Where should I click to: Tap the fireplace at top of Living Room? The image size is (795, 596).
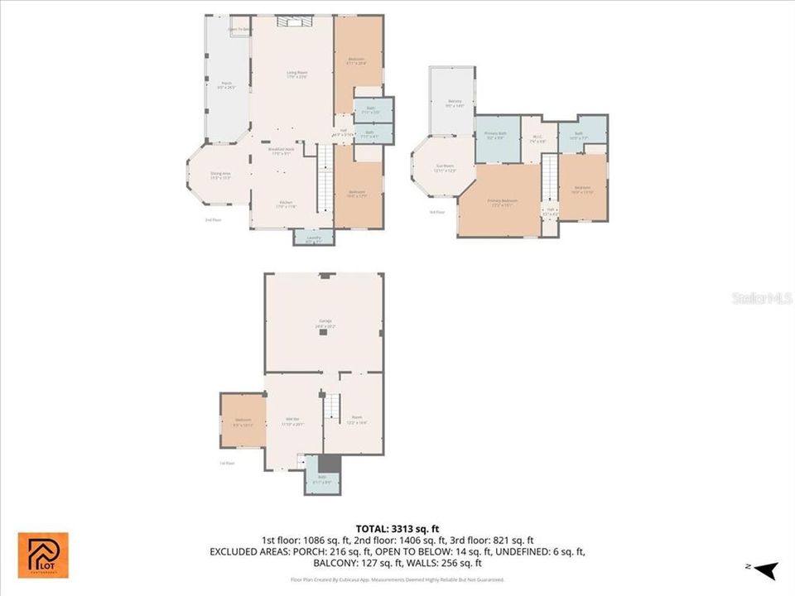(291, 22)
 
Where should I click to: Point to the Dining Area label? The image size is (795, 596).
(219, 175)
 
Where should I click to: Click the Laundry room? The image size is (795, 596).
(313, 238)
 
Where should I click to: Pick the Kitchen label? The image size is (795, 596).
(285, 205)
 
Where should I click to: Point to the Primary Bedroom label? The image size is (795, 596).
(503, 203)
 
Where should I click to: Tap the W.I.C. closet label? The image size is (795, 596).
(537, 139)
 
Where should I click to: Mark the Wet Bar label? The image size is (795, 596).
(294, 421)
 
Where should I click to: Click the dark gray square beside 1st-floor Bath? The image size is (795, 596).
(330, 464)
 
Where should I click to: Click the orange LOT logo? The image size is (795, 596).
(43, 555)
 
